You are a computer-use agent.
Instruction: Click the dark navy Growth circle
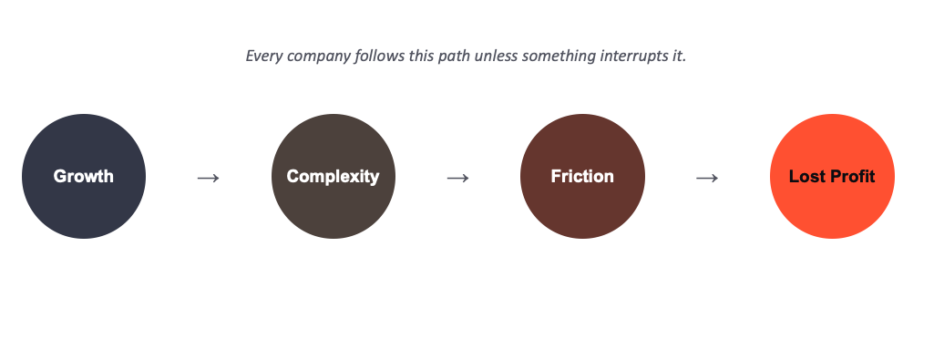(84, 177)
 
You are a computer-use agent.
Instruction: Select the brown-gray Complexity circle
(333, 177)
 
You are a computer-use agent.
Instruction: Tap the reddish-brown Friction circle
(582, 177)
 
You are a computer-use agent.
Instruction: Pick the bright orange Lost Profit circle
(832, 177)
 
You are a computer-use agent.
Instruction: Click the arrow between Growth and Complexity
(209, 178)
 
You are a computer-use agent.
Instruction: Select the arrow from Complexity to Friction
(458, 178)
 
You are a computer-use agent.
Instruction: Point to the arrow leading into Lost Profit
(707, 178)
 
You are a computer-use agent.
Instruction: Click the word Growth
(84, 177)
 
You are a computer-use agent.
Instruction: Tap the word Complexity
(333, 177)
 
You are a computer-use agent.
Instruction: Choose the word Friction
(582, 177)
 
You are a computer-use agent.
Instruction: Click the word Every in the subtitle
(264, 57)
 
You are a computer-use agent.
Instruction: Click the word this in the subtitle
(422, 56)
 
